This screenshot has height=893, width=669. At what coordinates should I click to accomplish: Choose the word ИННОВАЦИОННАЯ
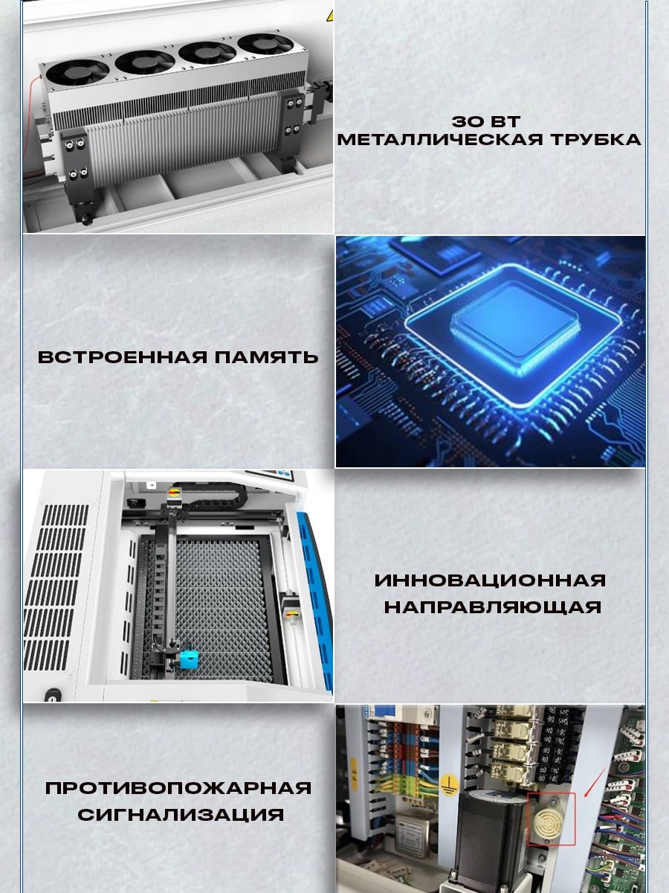pos(490,580)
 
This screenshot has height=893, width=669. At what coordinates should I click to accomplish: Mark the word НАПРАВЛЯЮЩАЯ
pos(492,607)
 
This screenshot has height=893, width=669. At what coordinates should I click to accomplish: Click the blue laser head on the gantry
pos(190,657)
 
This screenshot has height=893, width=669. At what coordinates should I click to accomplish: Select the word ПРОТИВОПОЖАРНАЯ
pos(178,788)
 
